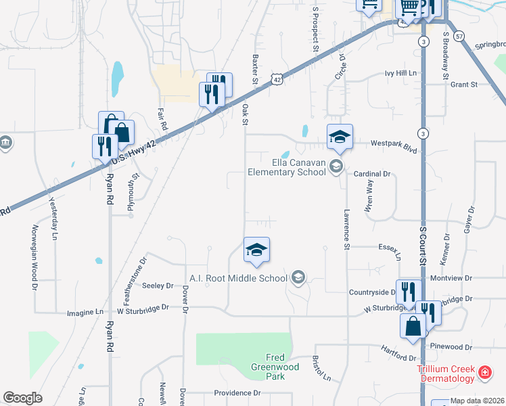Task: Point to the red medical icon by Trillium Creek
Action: pyautogui.click(x=484, y=371)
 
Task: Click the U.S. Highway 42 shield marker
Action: pyautogui.click(x=277, y=79)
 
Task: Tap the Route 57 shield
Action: pyautogui.click(x=459, y=35)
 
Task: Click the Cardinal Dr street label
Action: pyautogui.click(x=373, y=174)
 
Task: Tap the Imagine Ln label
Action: pyautogui.click(x=85, y=312)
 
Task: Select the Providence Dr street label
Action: pyautogui.click(x=237, y=392)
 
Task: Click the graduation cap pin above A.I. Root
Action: pyautogui.click(x=256, y=250)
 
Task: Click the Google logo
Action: pyautogui.click(x=22, y=398)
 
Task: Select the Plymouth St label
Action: pyautogui.click(x=134, y=192)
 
